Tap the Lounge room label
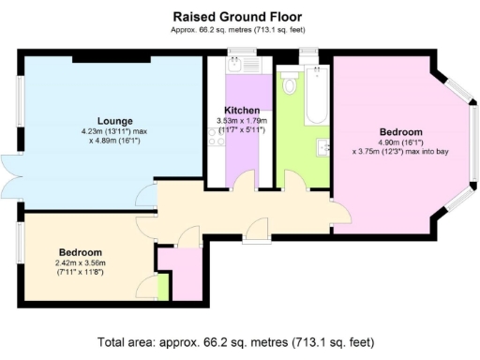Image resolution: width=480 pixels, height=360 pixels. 113,121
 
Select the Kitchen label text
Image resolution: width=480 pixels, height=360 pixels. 242,110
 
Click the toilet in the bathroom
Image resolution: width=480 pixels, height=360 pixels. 290,87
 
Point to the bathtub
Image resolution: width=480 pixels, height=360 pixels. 315,99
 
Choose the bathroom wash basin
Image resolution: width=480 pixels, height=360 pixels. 323,146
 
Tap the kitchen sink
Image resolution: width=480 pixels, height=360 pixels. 231,67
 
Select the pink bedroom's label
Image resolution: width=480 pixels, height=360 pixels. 400,132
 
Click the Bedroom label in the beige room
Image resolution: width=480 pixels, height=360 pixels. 81,253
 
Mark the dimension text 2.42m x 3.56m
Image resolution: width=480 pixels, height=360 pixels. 81,263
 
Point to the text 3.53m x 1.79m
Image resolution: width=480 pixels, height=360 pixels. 242,120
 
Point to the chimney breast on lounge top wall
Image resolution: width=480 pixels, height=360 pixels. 112,59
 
